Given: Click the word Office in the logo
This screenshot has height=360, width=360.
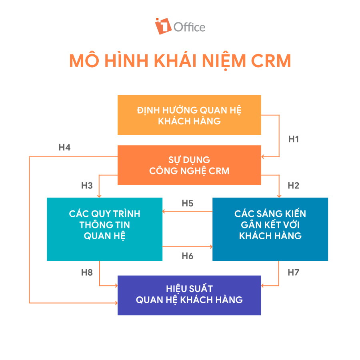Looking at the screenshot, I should (189, 27).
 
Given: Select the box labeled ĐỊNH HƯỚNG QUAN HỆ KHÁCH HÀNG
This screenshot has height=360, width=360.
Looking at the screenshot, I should (189, 115).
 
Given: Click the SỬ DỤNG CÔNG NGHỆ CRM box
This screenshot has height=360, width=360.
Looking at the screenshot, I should (189, 165).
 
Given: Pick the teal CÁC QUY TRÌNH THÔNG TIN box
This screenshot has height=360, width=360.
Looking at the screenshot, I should (104, 229).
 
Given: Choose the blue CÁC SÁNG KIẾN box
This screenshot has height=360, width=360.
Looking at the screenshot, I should (270, 229).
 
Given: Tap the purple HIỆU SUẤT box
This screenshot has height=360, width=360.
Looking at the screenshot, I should (189, 295).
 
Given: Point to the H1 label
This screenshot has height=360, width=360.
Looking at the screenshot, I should (294, 139).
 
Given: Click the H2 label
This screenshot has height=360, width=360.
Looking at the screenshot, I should (294, 186).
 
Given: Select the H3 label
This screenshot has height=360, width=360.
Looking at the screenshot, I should (87, 186).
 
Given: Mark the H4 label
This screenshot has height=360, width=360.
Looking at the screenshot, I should (64, 148).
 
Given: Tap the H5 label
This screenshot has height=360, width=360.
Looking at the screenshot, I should (188, 203).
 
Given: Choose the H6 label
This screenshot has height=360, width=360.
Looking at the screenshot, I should (188, 256).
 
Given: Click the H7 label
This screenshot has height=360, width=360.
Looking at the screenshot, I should (294, 273).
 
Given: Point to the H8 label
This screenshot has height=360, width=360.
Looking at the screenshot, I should (87, 273).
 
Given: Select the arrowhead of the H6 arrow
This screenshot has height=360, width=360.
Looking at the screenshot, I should (210, 247).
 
